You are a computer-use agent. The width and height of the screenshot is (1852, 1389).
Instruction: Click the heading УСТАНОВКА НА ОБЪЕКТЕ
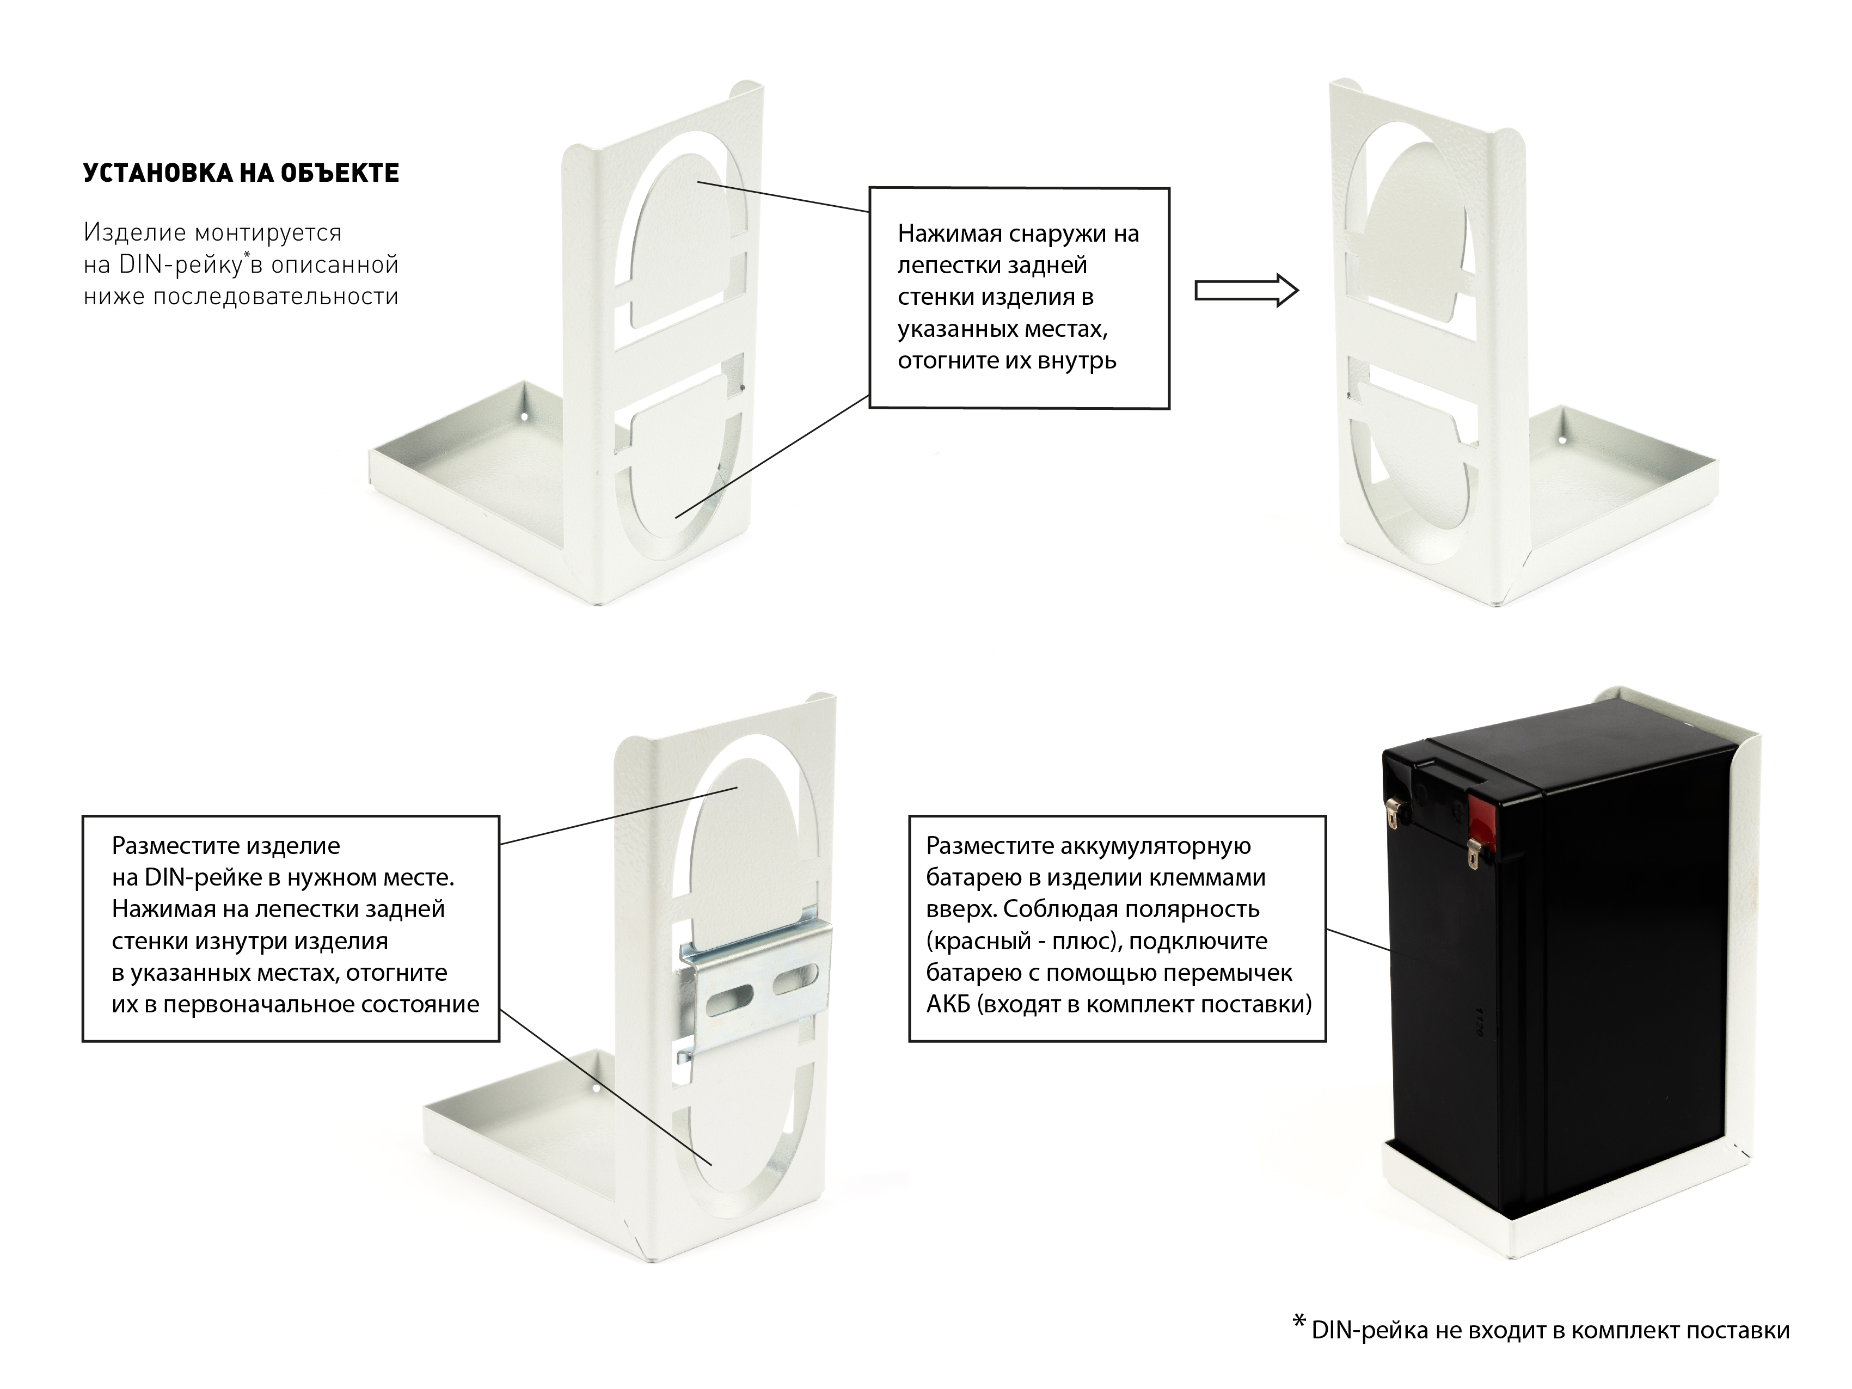coord(241,173)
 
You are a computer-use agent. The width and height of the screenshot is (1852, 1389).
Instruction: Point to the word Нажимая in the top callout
coord(949,233)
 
